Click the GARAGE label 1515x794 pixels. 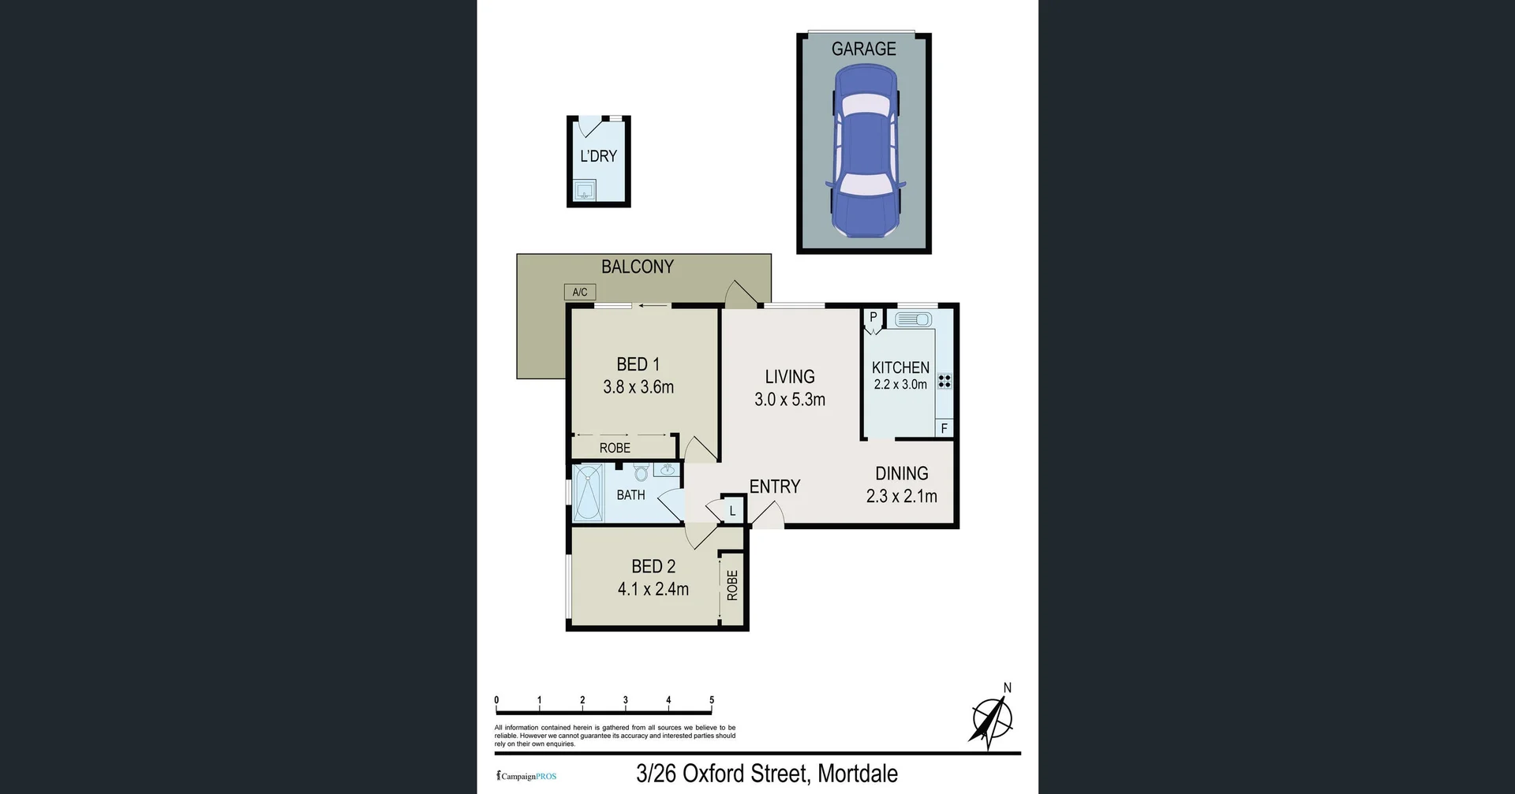pos(863,49)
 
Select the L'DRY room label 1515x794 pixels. pos(598,156)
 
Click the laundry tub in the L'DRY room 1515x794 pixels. pos(585,191)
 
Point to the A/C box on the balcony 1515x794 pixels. pos(580,292)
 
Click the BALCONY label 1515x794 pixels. pos(638,267)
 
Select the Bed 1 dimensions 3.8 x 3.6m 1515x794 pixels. pos(638,387)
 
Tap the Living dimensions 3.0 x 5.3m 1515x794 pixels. pos(790,400)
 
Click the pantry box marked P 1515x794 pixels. pos(873,318)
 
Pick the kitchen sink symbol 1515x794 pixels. pos(913,319)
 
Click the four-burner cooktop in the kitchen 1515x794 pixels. pos(945,382)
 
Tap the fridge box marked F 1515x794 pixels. pos(944,428)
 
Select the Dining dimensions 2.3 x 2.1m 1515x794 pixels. pos(901,496)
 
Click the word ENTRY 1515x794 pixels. pos(775,486)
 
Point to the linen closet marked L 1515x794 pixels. pos(732,511)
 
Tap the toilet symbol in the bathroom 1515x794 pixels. pos(641,472)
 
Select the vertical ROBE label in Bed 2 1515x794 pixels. pos(732,585)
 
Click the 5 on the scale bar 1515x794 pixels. pos(712,700)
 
